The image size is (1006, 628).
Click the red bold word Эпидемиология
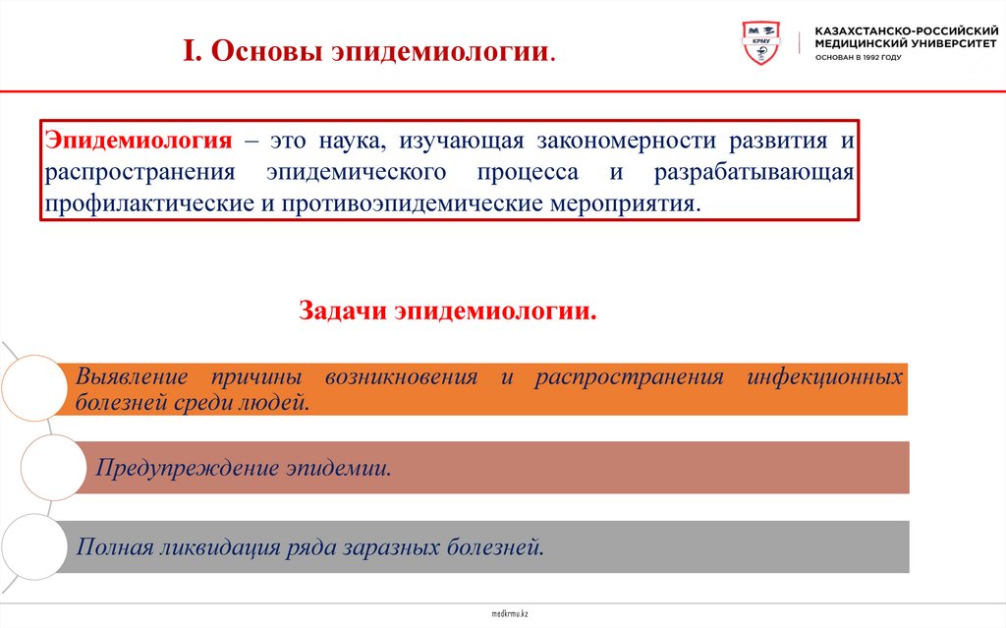137,141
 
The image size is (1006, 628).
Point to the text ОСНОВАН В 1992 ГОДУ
858,57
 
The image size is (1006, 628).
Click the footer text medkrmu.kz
510,613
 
